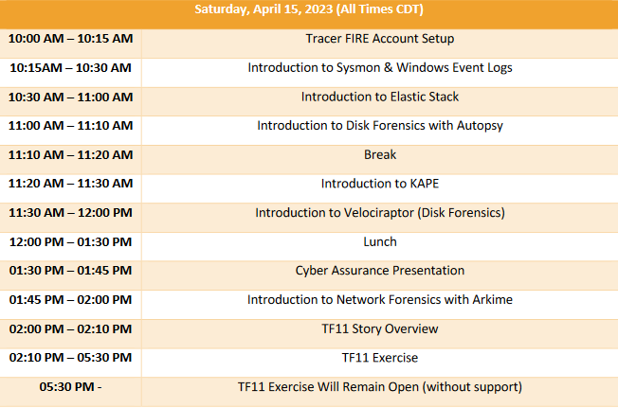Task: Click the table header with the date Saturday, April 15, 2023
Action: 309,9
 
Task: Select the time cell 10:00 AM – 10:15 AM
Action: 70,39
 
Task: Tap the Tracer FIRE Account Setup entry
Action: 380,39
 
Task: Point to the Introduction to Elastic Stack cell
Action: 380,97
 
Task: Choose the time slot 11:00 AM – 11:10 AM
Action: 70,126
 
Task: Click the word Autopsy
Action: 480,126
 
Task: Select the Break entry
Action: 380,154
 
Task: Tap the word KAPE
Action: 425,184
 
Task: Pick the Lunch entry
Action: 380,241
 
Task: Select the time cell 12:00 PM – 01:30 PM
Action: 70,242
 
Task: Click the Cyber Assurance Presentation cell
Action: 380,271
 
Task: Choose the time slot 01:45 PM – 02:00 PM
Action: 70,300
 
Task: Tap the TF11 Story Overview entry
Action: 380,328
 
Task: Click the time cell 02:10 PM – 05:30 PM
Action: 70,358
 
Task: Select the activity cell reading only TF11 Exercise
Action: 380,358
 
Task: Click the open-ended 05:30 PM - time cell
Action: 70,387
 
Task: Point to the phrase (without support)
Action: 472,387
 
